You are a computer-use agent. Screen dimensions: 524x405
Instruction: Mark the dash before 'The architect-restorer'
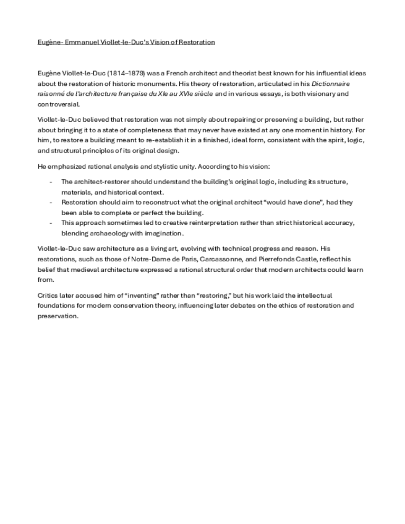51,182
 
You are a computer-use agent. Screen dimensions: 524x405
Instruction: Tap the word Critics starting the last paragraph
48,296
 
